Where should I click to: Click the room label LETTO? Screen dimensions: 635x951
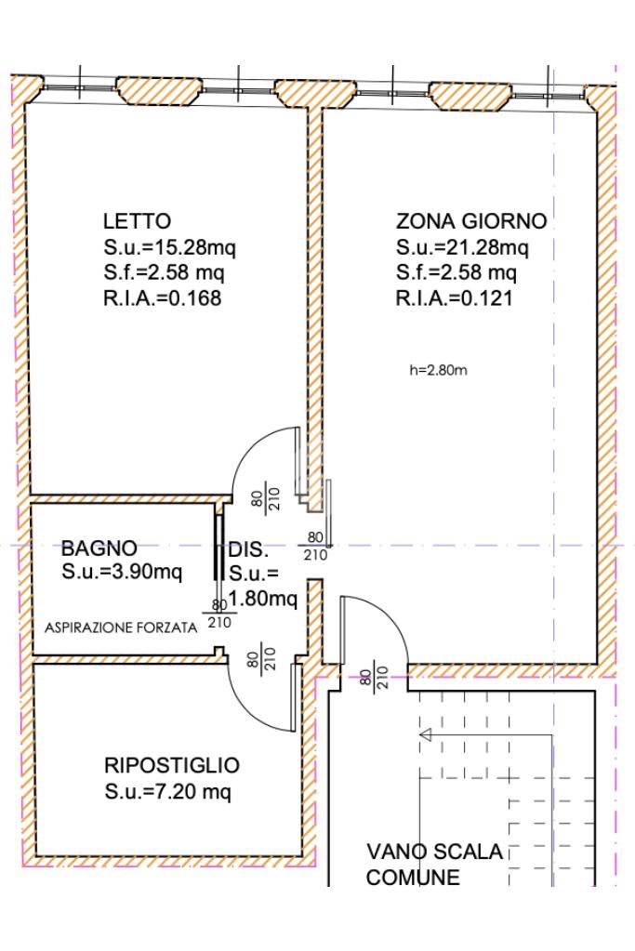pos(137,220)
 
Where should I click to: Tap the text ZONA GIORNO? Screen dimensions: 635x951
pos(471,220)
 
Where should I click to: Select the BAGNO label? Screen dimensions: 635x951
pos(99,548)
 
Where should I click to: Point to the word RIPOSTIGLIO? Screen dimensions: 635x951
pos(172,765)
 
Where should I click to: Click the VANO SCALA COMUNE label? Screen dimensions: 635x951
pos(434,865)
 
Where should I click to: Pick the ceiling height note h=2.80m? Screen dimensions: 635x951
pos(438,370)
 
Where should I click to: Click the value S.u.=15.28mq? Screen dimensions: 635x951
pos(169,247)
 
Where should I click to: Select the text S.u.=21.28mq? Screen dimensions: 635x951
pos(462,247)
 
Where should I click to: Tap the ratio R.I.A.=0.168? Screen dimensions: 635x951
pos(162,298)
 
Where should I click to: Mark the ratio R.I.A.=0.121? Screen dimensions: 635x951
pos(455,298)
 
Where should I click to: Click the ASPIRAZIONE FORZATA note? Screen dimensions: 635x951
pos(121,628)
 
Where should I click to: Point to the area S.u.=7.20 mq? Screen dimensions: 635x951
pos(167,792)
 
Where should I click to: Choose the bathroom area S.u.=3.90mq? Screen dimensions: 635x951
pos(122,572)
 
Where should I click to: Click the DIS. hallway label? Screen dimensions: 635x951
pos(248,550)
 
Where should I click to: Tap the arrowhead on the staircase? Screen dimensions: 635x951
pos(426,735)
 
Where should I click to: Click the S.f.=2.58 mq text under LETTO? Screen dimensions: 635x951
pos(164,273)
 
